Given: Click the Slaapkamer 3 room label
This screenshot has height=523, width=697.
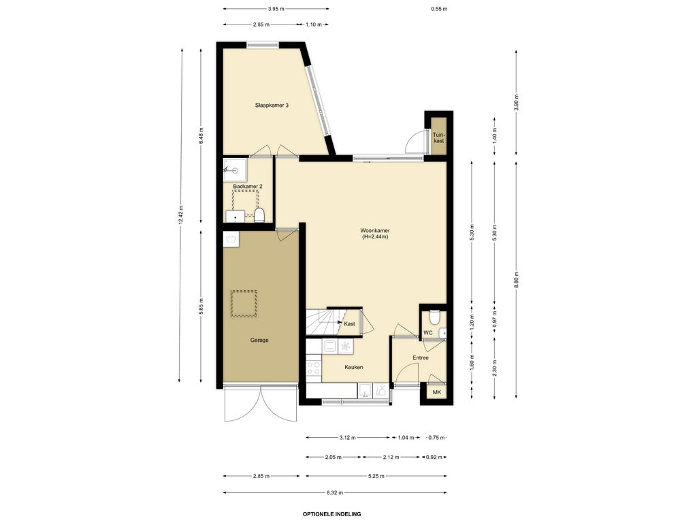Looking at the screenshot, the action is [x=272, y=106].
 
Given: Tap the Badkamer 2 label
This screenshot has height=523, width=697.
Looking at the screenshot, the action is [x=248, y=187].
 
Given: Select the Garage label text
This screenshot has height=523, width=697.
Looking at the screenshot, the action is [x=259, y=340].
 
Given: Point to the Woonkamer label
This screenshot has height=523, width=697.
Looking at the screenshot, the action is [x=375, y=231].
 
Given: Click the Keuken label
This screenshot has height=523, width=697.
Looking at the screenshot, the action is [x=354, y=367].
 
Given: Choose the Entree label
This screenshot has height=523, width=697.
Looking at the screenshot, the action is [x=421, y=358].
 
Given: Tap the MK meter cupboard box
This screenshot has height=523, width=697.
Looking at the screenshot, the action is [x=436, y=392].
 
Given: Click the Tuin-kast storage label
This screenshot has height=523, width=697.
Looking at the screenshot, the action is [x=439, y=138].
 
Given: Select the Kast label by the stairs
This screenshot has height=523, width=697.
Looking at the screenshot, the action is [x=349, y=323].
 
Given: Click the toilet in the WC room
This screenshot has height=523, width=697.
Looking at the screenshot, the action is [x=434, y=317].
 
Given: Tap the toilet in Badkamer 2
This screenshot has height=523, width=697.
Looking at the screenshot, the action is [x=259, y=215].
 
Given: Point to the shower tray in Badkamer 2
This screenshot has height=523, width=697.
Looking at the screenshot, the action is [x=236, y=170].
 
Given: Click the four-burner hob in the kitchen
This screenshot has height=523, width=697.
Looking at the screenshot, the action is [x=314, y=368].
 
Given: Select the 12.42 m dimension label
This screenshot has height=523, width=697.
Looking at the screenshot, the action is [x=180, y=215].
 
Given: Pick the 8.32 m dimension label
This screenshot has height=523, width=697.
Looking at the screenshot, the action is [x=335, y=492].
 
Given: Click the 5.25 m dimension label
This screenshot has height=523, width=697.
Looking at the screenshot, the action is [x=376, y=476].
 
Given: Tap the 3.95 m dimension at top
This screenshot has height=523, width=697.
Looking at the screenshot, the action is [x=276, y=8].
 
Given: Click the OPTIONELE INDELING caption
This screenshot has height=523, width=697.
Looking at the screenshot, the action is [x=332, y=514].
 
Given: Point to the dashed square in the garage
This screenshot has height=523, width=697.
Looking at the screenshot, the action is [x=244, y=304].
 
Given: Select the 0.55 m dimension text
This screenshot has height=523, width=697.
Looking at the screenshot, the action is [x=439, y=8].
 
